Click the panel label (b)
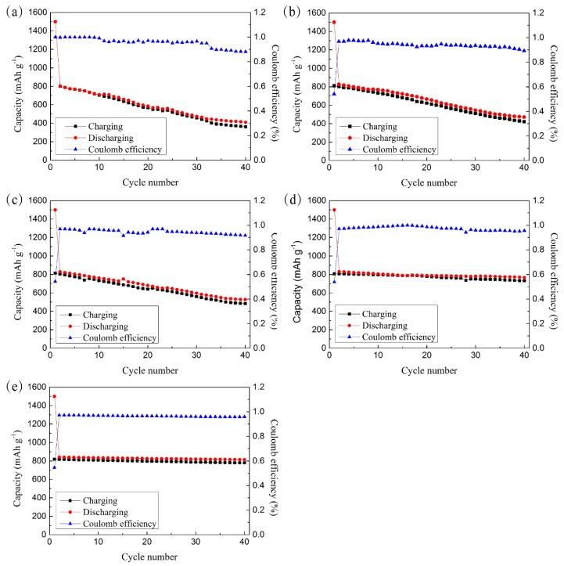294,10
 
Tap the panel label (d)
294,198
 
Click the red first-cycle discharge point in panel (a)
55,22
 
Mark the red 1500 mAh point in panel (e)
55,397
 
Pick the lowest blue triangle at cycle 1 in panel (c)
54,281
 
